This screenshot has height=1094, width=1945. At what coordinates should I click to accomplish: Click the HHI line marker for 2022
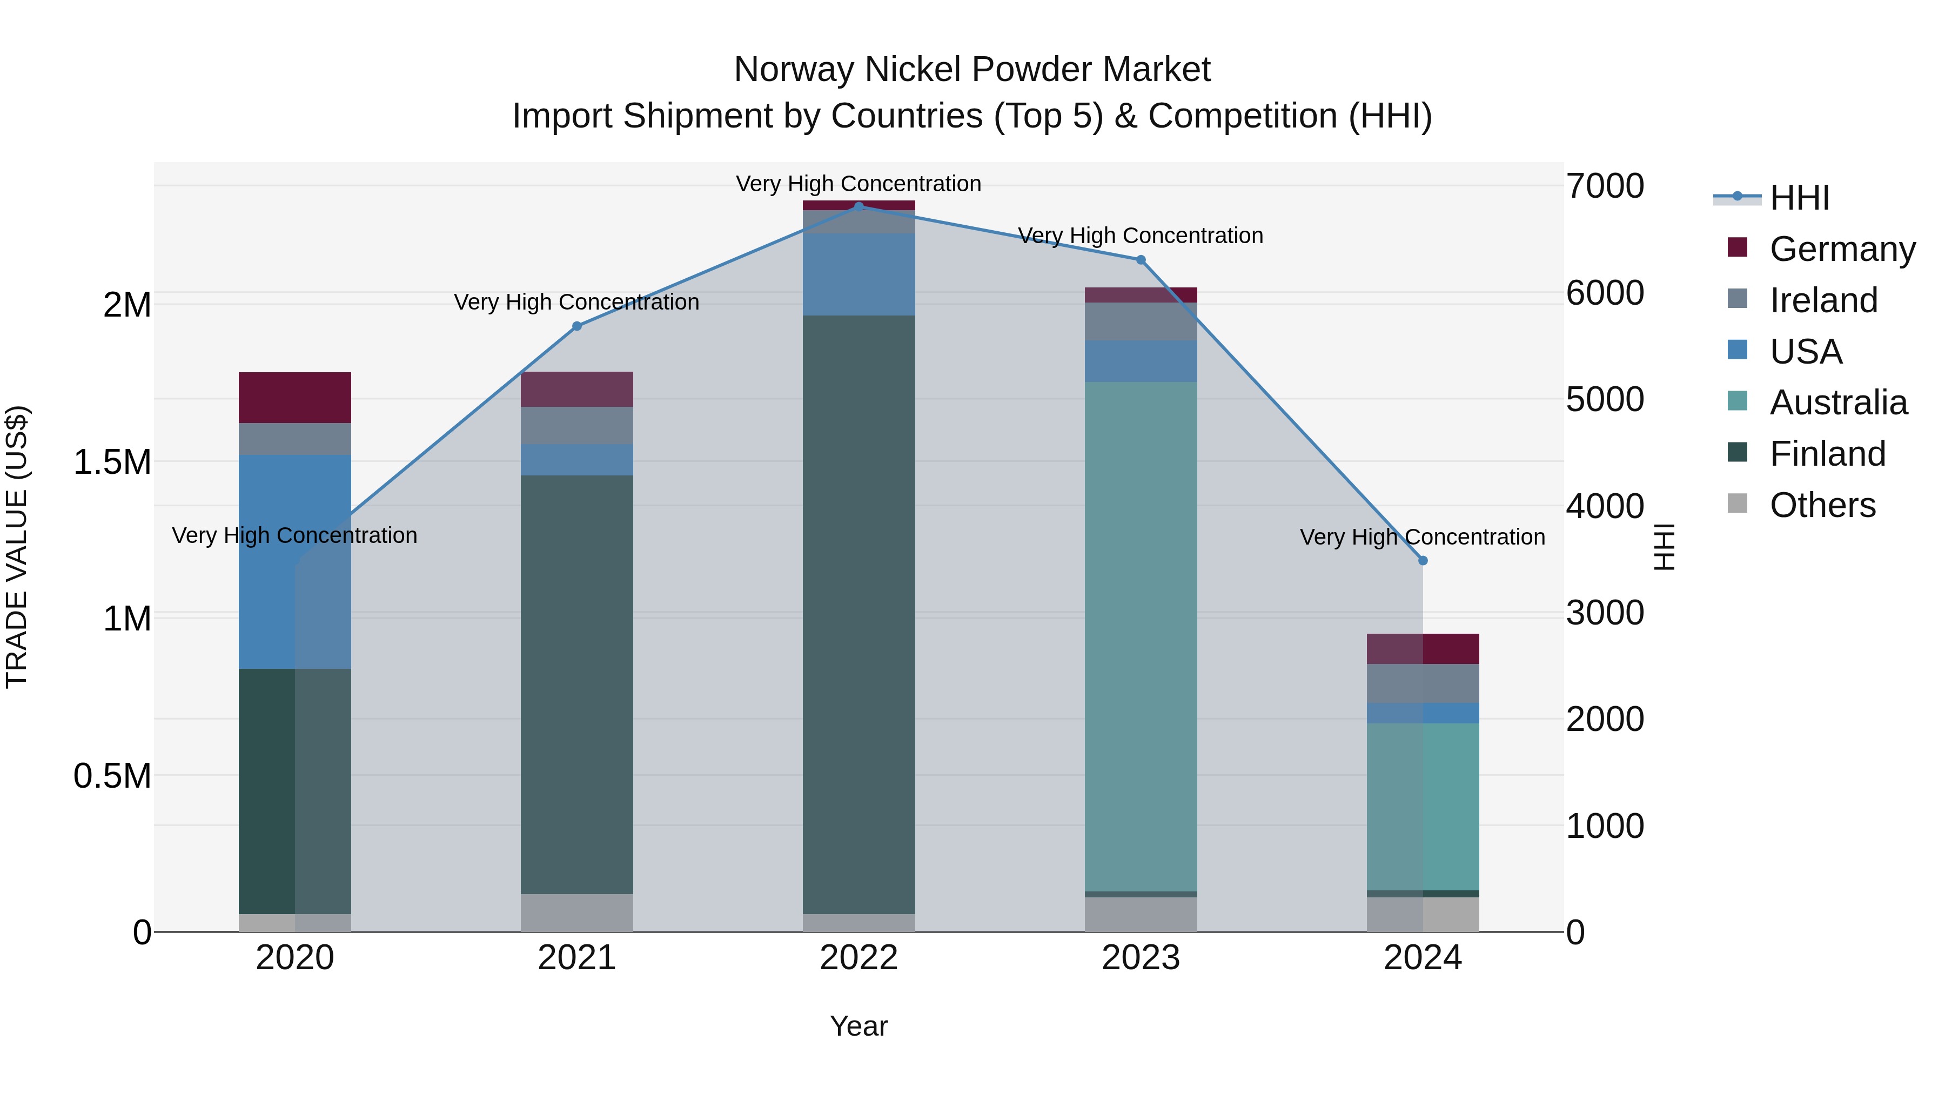[x=859, y=206]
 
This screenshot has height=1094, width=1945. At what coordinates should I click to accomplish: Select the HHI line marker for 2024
[x=1423, y=560]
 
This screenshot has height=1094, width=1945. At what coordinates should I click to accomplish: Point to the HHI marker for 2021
[x=577, y=326]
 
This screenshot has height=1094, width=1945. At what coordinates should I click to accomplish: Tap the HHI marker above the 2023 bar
[x=1141, y=260]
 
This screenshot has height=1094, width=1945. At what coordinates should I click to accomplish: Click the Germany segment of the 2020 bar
[x=294, y=397]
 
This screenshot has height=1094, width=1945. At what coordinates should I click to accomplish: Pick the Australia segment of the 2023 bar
[x=1141, y=636]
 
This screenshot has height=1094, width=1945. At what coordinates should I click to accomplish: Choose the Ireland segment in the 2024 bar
[x=1423, y=683]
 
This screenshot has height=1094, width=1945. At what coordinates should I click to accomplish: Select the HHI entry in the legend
[x=1799, y=198]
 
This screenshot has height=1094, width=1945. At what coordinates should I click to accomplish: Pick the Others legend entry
[x=1821, y=505]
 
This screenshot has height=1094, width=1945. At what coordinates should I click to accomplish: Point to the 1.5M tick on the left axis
[x=112, y=462]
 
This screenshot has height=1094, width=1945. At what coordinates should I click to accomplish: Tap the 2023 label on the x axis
[x=1141, y=957]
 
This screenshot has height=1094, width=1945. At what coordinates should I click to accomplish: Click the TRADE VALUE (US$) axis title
[x=17, y=547]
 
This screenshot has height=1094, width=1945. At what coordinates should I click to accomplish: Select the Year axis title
[x=859, y=1026]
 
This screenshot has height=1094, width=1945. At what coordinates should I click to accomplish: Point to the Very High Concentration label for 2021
[x=577, y=302]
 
